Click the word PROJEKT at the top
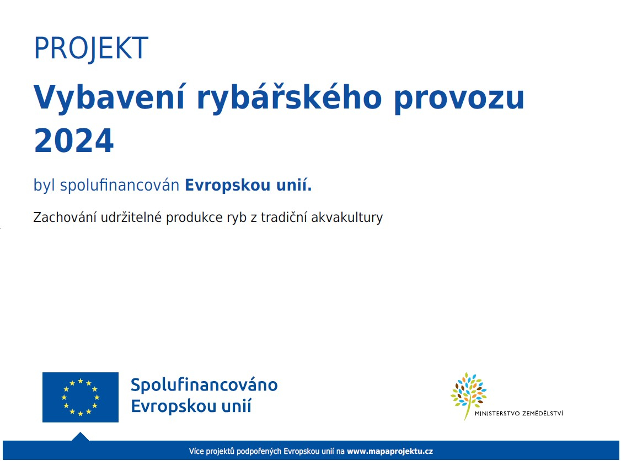pos(91,48)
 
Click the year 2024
pos(74,140)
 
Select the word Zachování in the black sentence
pos(65,218)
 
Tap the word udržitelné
pos(131,218)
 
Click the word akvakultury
pos(347,218)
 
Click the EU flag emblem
pos(81,397)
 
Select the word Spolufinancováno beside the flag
pos(204,385)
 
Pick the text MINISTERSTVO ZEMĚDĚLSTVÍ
pos(518,414)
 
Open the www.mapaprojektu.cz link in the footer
pos(390,451)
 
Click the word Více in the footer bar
pos(196,451)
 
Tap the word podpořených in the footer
pos(259,452)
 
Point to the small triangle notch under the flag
pos(81,436)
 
